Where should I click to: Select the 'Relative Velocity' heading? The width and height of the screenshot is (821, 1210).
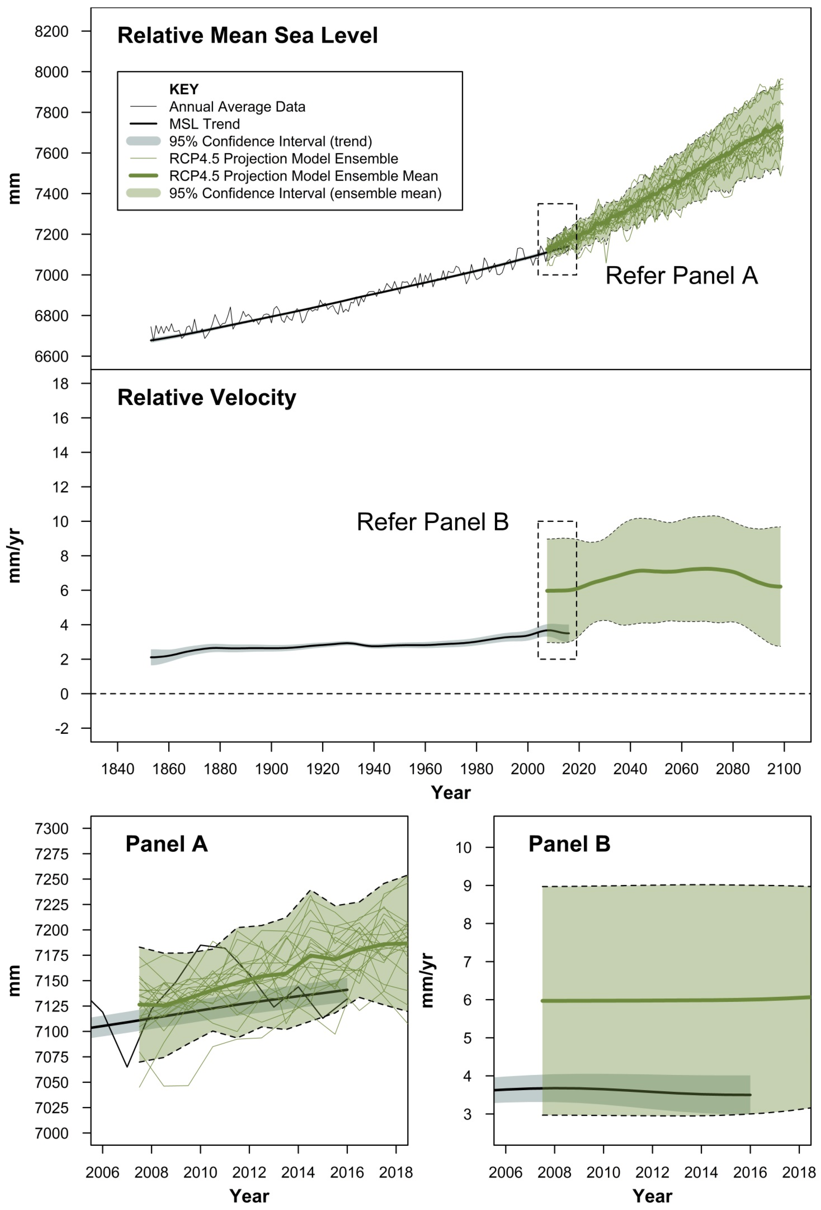(x=207, y=397)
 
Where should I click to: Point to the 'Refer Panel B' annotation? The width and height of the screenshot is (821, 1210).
(x=432, y=521)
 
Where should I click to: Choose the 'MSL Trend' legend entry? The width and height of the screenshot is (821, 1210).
(x=205, y=124)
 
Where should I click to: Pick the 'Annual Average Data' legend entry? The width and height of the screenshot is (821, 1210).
(x=237, y=107)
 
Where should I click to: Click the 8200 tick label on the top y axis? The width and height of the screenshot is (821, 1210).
(x=51, y=31)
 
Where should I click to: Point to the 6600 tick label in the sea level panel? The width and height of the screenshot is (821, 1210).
(x=51, y=357)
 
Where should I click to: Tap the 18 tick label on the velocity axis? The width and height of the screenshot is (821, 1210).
(x=60, y=384)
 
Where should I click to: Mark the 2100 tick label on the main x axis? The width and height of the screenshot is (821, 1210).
(x=784, y=769)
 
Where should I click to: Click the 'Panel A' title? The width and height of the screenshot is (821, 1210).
(x=167, y=844)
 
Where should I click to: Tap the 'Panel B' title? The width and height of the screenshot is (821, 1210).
(x=569, y=844)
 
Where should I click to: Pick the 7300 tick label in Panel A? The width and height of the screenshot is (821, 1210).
(x=51, y=828)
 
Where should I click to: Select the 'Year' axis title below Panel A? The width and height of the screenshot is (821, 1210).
(x=249, y=1196)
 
